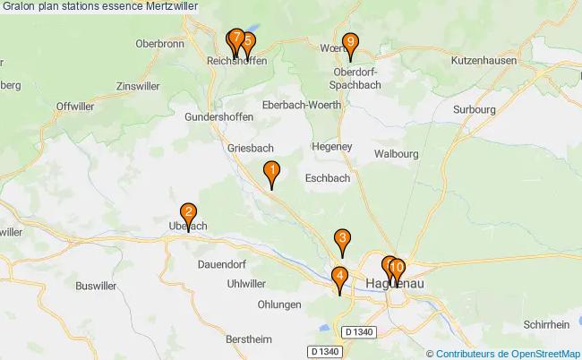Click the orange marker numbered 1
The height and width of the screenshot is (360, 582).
click(271, 170)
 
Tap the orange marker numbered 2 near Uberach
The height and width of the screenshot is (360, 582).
click(188, 213)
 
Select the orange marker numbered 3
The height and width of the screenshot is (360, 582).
click(342, 238)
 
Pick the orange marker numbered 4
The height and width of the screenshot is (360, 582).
click(339, 276)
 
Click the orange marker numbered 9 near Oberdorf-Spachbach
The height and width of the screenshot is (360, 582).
click(351, 42)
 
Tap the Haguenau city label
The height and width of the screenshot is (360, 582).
click(396, 284)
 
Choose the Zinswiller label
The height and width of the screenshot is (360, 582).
click(141, 87)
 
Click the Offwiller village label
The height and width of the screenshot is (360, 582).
click(75, 106)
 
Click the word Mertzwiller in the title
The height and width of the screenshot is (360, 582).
click(170, 6)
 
